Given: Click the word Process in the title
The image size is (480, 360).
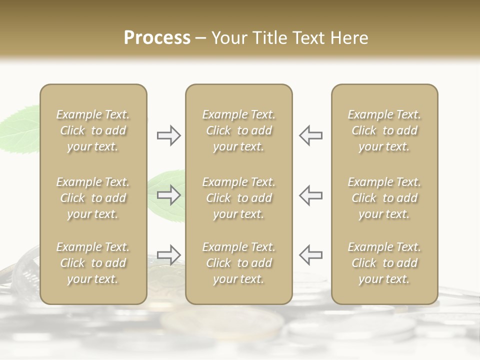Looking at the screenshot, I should (x=157, y=38).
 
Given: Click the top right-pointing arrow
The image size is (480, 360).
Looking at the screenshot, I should (x=168, y=135).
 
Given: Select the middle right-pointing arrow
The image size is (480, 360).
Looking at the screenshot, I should (x=168, y=195).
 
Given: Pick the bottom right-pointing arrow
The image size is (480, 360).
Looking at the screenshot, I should (x=168, y=255).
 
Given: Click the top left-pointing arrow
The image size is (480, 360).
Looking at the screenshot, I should (x=311, y=135).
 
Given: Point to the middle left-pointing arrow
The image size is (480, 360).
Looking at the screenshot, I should (x=311, y=195).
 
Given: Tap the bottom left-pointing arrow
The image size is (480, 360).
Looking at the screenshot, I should (x=311, y=255).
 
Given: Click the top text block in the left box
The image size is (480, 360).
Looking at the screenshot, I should (x=93, y=130).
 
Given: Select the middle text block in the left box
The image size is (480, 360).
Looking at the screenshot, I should (x=93, y=198).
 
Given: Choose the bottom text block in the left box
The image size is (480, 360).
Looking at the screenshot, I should (x=93, y=263).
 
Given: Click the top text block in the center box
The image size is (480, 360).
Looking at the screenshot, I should (x=238, y=130).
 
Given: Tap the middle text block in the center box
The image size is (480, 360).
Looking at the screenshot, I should (x=238, y=198).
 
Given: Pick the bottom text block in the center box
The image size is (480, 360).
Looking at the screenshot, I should (x=238, y=263).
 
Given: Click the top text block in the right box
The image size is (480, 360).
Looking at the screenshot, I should (x=384, y=130).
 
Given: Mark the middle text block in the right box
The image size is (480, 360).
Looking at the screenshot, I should (x=384, y=198).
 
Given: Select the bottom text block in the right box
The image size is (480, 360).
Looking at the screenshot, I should (x=384, y=263).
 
